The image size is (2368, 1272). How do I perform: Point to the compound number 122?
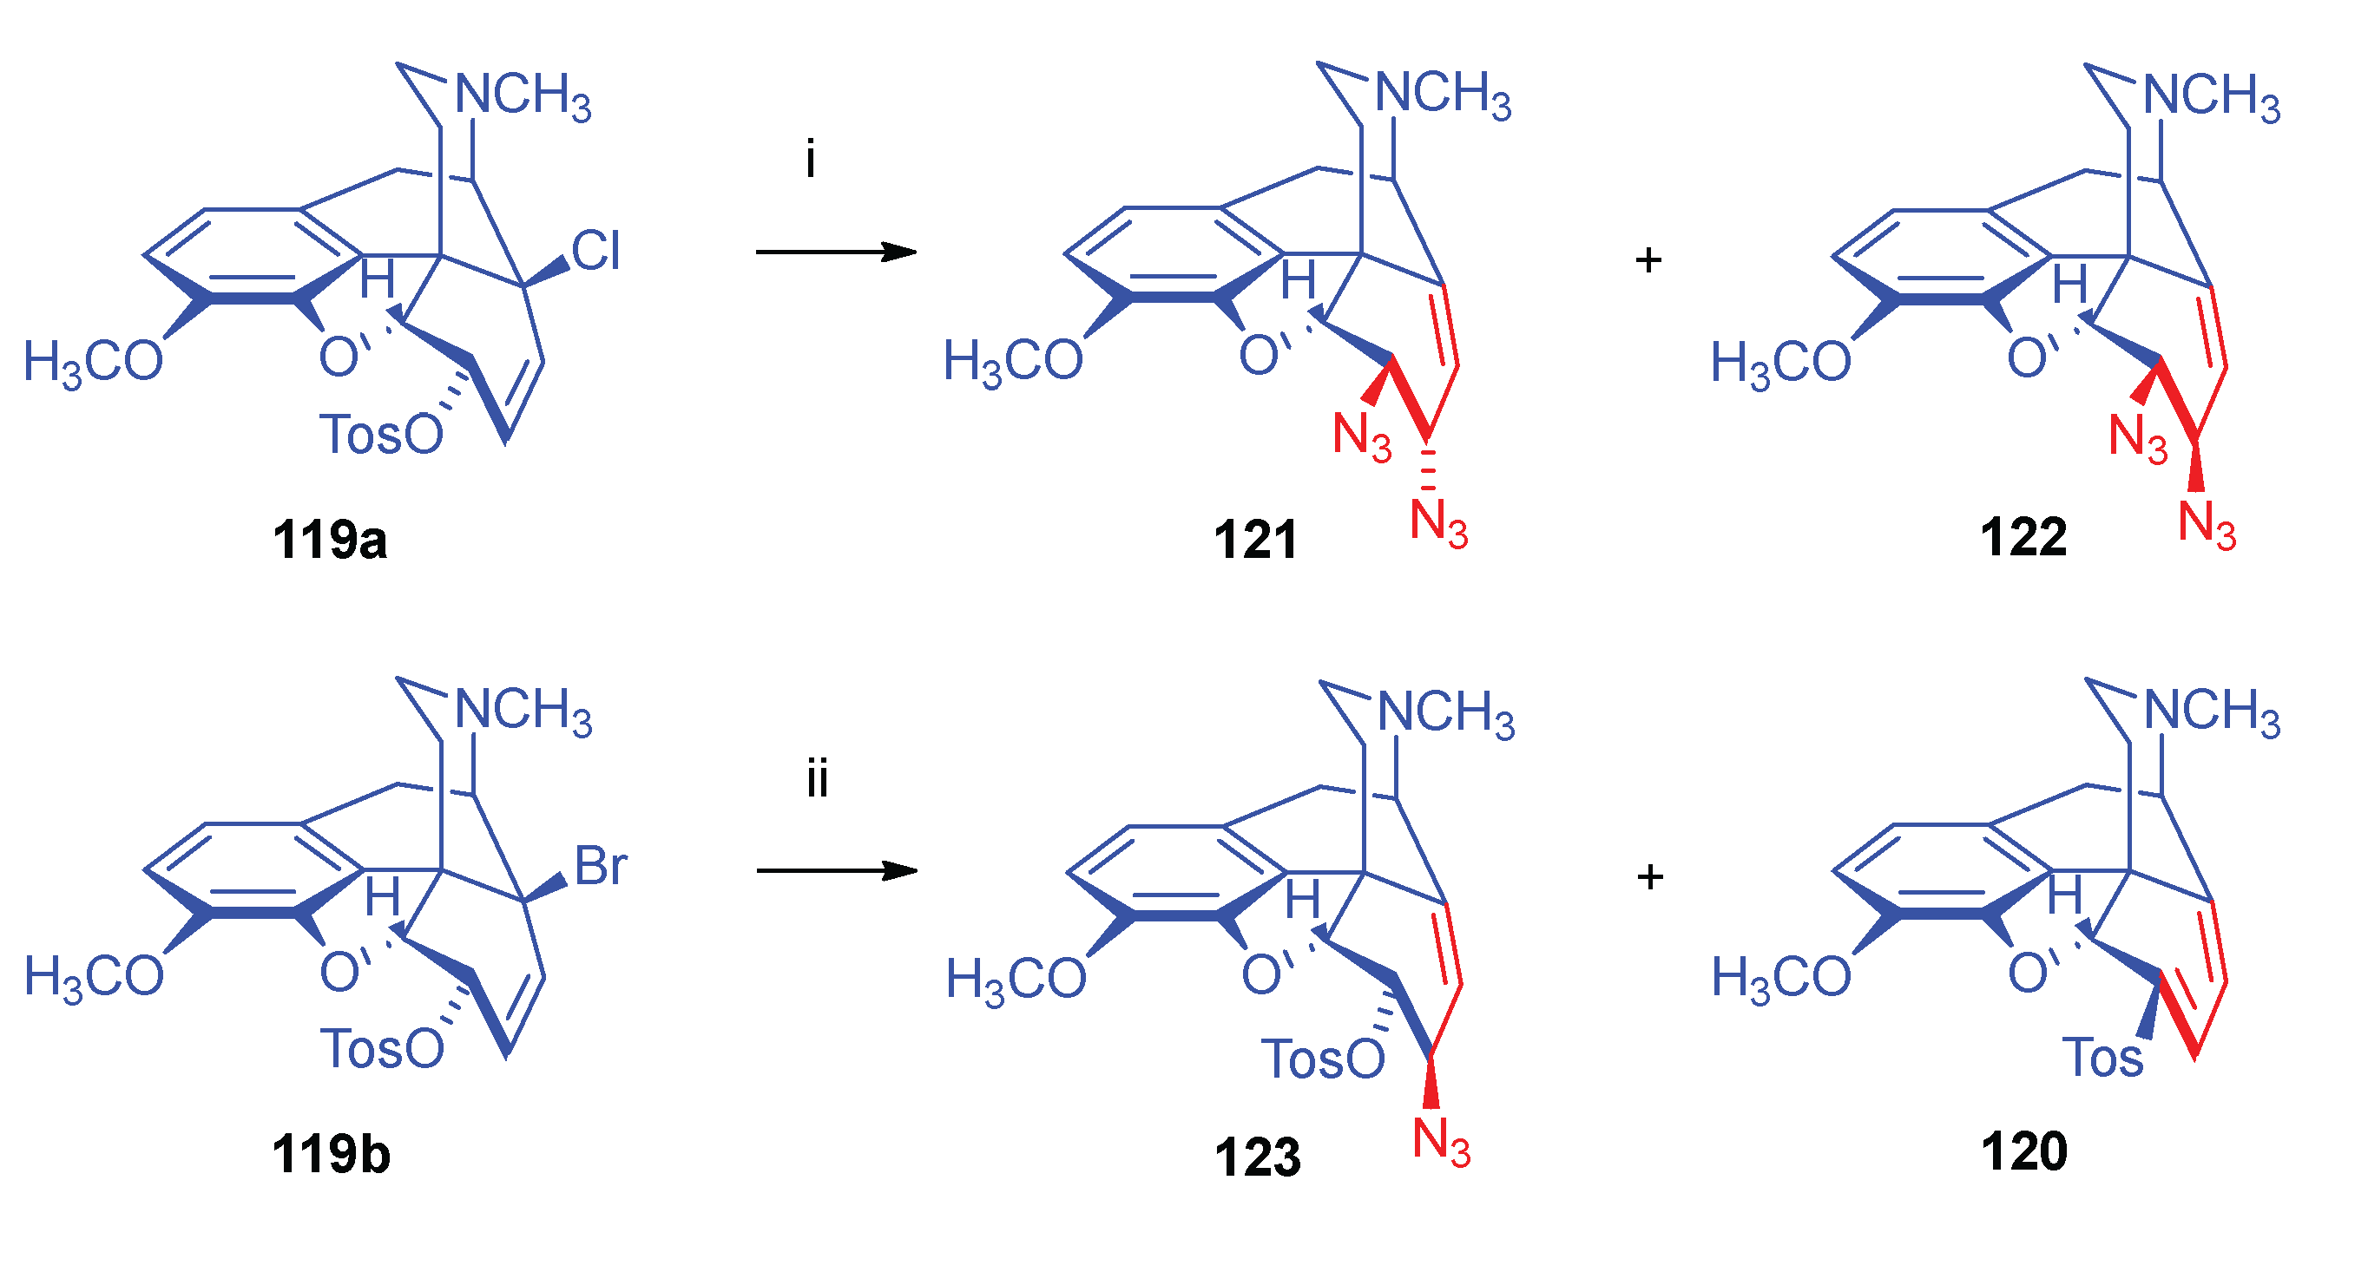click(x=2023, y=537)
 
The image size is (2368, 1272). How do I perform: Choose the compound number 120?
click(x=2023, y=1151)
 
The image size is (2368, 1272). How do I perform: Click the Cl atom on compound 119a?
click(x=595, y=250)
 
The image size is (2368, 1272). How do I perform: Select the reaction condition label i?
click(x=810, y=160)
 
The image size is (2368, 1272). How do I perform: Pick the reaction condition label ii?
click(x=816, y=779)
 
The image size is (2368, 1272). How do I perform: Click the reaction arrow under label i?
click(x=836, y=252)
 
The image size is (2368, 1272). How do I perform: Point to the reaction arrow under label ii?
click(x=837, y=870)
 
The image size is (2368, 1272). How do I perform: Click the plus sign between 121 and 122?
click(x=1648, y=260)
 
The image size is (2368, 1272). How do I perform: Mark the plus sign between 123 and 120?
click(x=1650, y=877)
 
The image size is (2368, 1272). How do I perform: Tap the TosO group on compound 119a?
click(x=380, y=435)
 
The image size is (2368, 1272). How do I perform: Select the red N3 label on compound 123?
click(x=1440, y=1143)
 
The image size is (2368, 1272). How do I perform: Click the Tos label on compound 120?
click(x=2102, y=1058)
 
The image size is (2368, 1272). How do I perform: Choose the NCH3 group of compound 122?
click(x=2211, y=95)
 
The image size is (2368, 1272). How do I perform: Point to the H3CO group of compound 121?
click(x=1013, y=361)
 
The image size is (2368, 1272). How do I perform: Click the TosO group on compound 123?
click(x=1322, y=1059)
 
